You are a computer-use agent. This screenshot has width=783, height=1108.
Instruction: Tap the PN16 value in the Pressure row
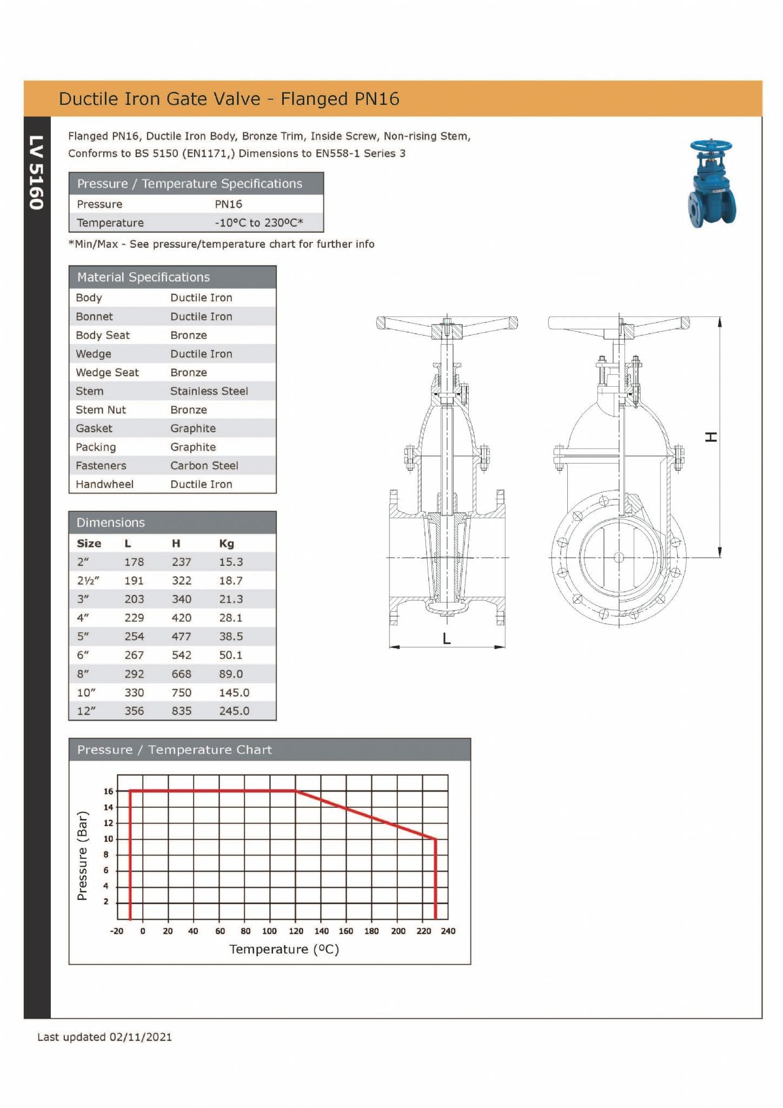[x=228, y=204]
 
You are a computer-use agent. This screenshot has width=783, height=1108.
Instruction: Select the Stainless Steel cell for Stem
[x=209, y=391]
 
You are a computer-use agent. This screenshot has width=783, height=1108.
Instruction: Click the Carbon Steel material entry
[x=204, y=465]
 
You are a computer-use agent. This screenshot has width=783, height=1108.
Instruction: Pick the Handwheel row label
[x=104, y=484]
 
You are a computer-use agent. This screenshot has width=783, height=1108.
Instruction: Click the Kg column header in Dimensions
[x=226, y=543]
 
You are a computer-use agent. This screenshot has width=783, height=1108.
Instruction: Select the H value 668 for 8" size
[x=181, y=674]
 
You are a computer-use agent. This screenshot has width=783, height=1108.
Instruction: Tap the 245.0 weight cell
[x=234, y=711]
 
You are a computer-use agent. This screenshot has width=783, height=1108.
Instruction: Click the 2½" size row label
[x=88, y=581]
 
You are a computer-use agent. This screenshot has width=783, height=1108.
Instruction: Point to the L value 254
[x=134, y=636]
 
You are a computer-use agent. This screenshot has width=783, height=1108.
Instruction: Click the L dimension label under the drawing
[x=446, y=639]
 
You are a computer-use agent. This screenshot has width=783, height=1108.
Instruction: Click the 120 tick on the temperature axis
[x=296, y=931]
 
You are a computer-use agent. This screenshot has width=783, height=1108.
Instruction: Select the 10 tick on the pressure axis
[x=108, y=839]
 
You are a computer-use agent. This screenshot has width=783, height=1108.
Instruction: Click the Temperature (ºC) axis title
[x=284, y=949]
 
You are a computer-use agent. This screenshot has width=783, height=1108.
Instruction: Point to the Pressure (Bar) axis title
[x=82, y=855]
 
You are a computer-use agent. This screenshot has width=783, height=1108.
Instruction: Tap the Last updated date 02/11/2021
[x=140, y=1037]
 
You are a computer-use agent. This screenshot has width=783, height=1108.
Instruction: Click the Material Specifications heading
[x=143, y=277]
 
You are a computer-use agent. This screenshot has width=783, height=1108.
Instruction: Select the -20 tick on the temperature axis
[x=117, y=931]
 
